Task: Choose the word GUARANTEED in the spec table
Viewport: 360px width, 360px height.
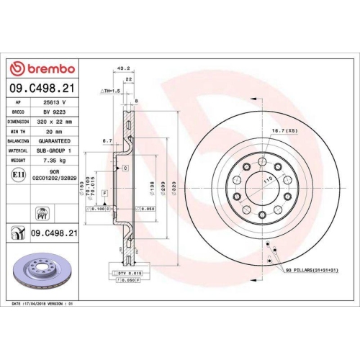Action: click(53, 142)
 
